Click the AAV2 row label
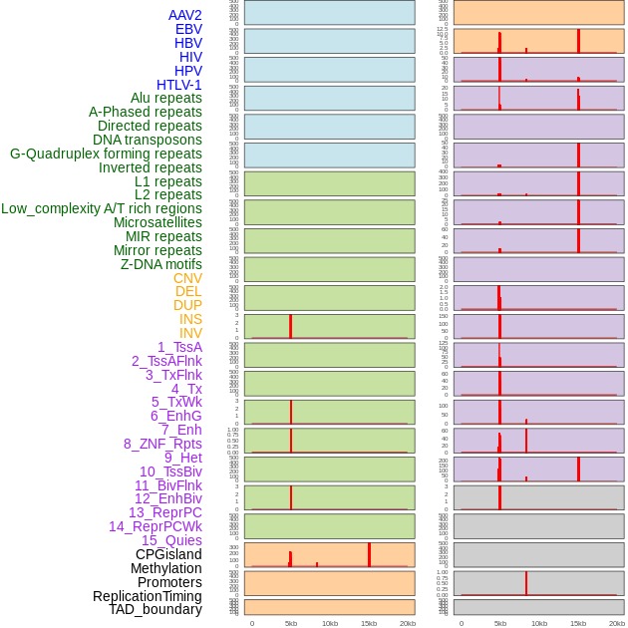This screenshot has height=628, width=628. coord(184,15)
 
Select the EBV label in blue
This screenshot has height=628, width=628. coord(188,29)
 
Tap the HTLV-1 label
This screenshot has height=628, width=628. coord(178,85)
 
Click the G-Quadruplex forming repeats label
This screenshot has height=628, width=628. coord(106,154)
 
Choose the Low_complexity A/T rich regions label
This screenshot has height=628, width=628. coord(101,208)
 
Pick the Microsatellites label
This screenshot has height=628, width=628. coord(157,222)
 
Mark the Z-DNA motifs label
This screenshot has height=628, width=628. coord(160,264)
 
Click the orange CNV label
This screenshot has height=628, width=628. coord(187,278)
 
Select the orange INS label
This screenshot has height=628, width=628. coord(190,320)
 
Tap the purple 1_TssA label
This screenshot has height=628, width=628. coord(179,347)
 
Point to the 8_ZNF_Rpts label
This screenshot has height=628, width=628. coord(162,444)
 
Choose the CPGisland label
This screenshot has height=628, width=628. coord(168,554)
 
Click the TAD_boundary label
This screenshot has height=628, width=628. coord(155,609)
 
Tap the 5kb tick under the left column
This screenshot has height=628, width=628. coord(291,623)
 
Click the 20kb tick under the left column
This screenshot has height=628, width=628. coord(408,623)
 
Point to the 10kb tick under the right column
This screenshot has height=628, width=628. coord(538,623)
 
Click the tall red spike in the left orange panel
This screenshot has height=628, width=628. coord(369,555)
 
